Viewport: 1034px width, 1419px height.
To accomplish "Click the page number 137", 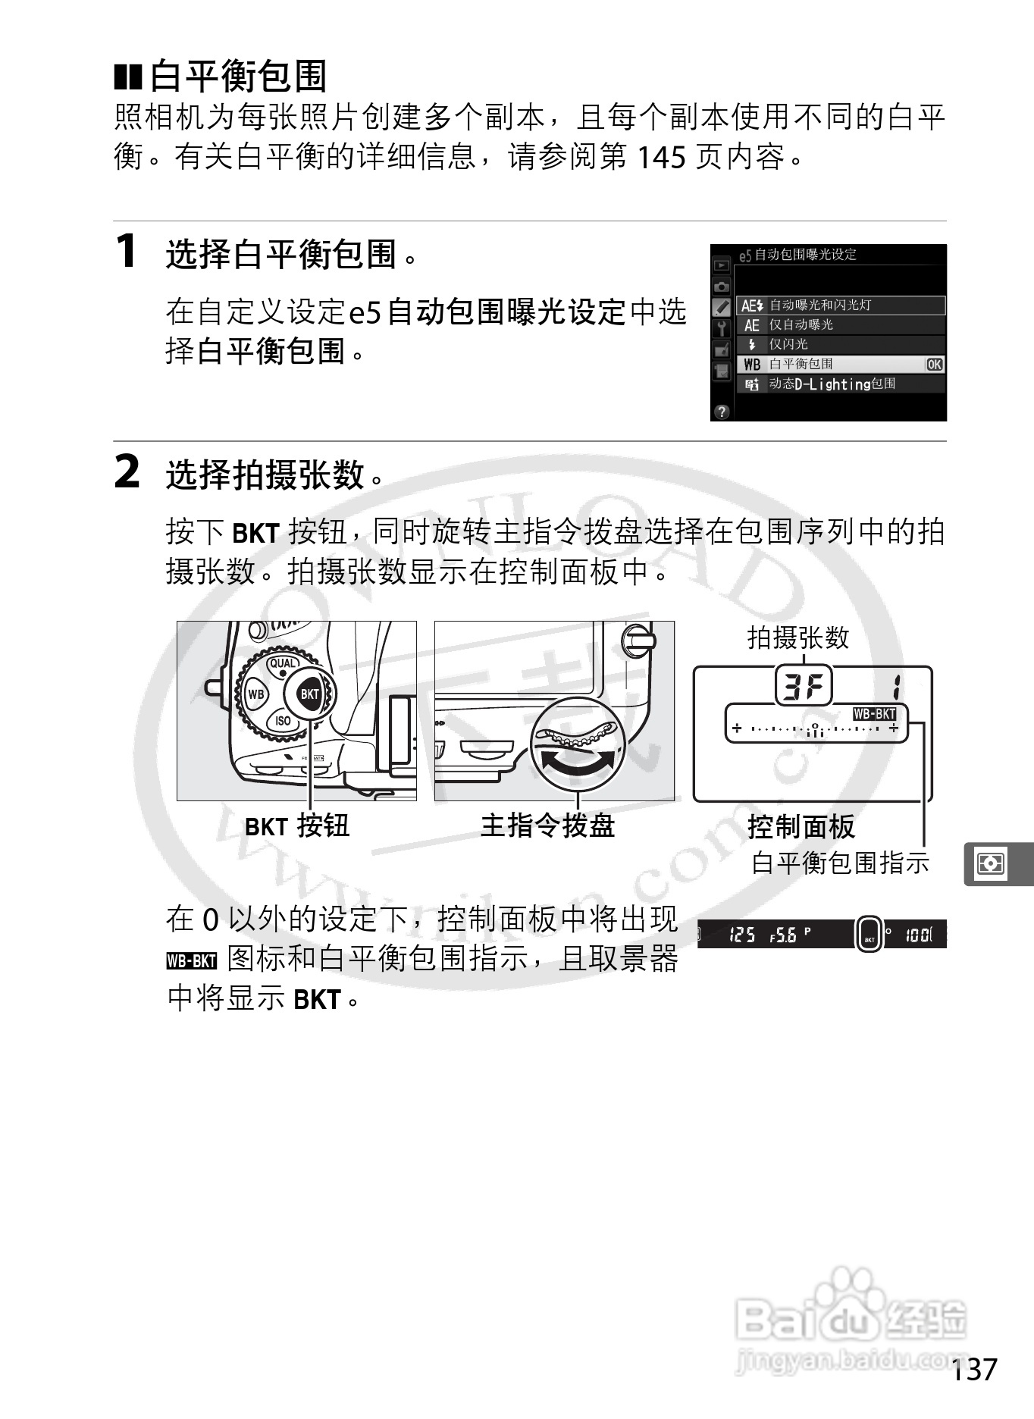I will coord(974,1370).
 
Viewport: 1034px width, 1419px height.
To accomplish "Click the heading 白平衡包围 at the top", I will coord(238,76).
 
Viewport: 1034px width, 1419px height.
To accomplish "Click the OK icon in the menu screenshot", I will coord(934,365).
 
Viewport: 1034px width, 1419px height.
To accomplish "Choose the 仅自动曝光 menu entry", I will coord(801,325).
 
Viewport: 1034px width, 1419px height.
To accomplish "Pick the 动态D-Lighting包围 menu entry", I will coord(832,384).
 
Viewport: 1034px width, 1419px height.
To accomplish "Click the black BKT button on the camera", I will coord(309,694).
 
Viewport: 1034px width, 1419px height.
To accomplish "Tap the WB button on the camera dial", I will coord(256,694).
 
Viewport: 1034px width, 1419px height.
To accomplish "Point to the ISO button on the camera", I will coord(283,721).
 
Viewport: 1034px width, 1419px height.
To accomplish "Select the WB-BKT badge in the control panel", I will coord(874,714).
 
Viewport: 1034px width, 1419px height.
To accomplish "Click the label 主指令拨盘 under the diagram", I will coord(547,825).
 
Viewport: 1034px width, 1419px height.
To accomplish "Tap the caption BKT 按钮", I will coord(296,825).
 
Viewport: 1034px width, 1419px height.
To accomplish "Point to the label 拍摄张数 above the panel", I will coord(797,637).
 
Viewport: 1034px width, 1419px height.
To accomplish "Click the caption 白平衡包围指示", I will coord(840,863).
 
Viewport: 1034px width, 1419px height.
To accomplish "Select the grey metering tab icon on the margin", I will coord(991,863).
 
